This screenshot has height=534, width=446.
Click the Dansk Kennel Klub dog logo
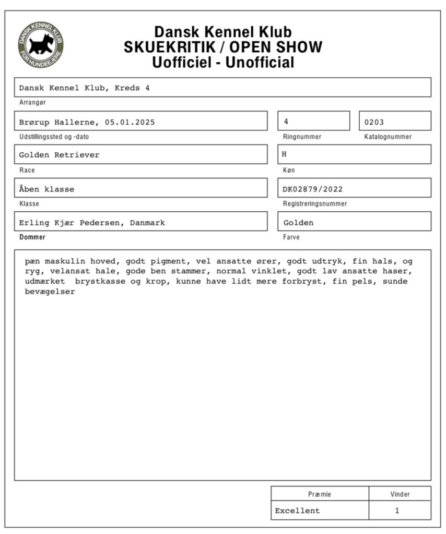[x=41, y=45]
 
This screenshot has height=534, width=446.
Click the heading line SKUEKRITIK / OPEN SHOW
[x=223, y=47]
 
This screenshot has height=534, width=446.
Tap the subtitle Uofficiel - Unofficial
[x=223, y=63]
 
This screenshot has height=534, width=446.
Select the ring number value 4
[x=286, y=122]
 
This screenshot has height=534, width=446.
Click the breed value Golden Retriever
[x=59, y=155]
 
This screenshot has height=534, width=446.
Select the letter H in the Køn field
[x=285, y=155]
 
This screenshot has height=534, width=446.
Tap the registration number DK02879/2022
[x=313, y=189]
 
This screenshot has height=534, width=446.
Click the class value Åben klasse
[x=47, y=189]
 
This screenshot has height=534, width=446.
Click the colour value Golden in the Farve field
[x=298, y=223]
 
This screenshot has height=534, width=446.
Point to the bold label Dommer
[x=32, y=237]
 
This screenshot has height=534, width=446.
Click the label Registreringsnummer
[x=315, y=204]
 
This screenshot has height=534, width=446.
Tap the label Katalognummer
[x=388, y=137]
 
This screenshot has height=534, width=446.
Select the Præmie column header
[x=320, y=494]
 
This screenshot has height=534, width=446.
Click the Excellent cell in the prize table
[x=298, y=511]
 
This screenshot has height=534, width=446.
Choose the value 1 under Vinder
[x=397, y=511]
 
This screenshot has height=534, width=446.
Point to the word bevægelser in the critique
[x=50, y=292]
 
